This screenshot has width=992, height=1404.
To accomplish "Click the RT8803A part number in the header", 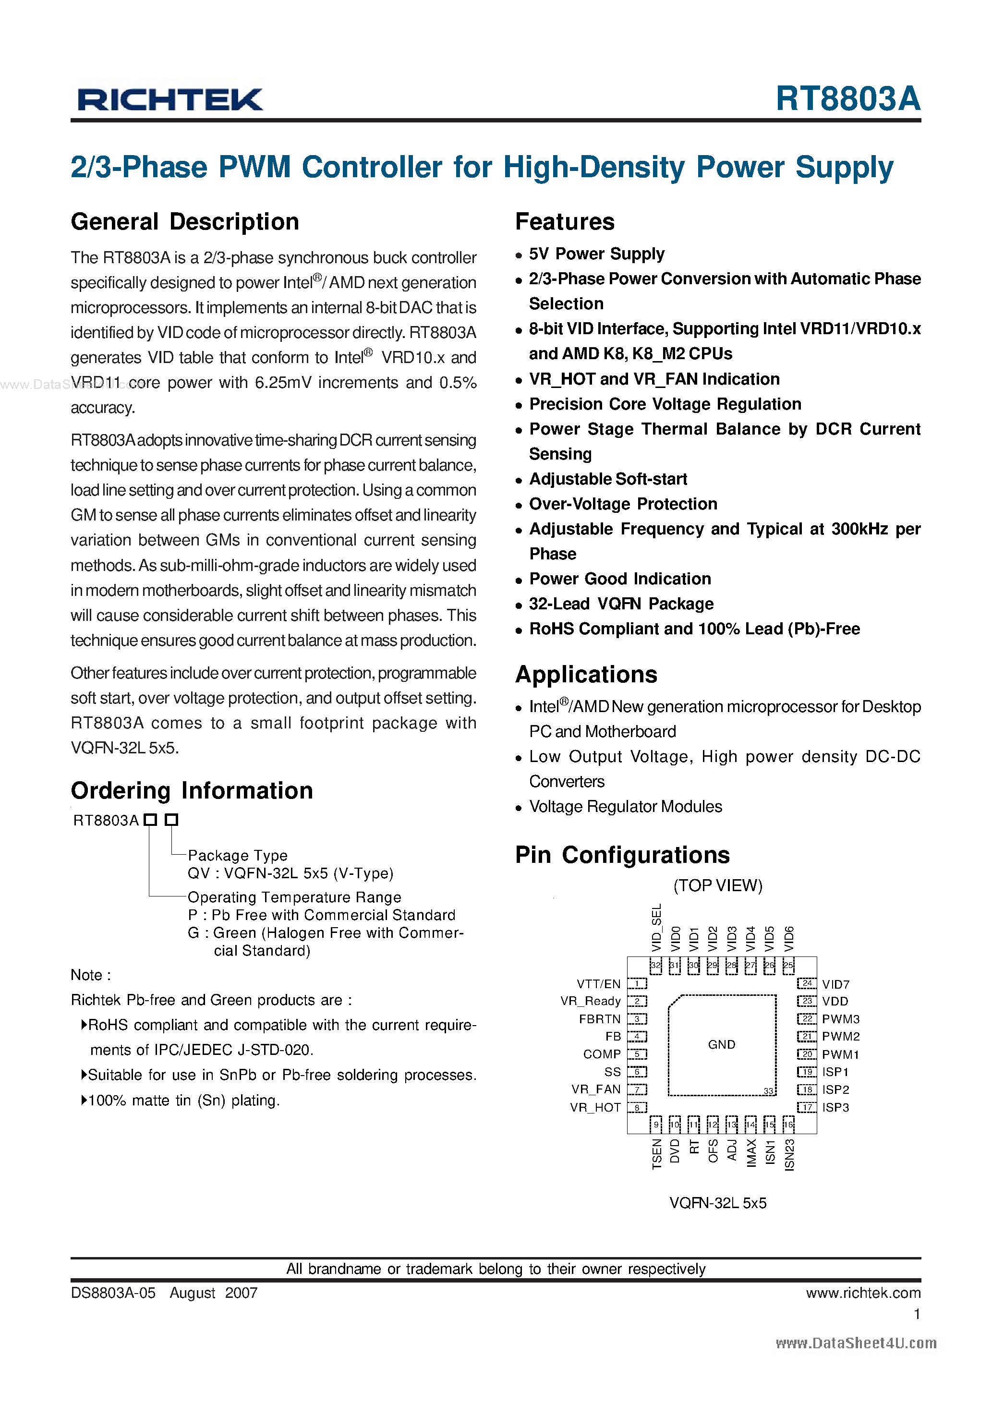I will pyautogui.click(x=847, y=98).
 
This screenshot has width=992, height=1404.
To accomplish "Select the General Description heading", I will pyautogui.click(x=185, y=222).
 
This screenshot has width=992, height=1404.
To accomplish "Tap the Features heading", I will pyautogui.click(x=565, y=222).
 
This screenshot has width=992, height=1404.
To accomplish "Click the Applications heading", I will pyautogui.click(x=586, y=675).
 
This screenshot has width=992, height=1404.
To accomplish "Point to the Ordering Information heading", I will pyautogui.click(x=192, y=791).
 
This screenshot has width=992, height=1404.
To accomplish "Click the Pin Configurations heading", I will pyautogui.click(x=622, y=855).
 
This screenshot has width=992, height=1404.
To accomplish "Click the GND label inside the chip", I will pyautogui.click(x=721, y=1044).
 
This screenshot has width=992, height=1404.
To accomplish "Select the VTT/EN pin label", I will pyautogui.click(x=598, y=984).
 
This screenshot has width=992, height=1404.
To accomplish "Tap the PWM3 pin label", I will pyautogui.click(x=840, y=1019).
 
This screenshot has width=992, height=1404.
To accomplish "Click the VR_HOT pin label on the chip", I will pyautogui.click(x=595, y=1107).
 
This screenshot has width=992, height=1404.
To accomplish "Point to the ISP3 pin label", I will pyautogui.click(x=835, y=1107).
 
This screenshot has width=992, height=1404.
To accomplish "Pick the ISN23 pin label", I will pyautogui.click(x=789, y=1154).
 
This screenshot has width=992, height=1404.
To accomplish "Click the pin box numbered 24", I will pyautogui.click(x=807, y=983).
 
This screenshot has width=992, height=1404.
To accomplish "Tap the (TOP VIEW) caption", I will pyautogui.click(x=717, y=885).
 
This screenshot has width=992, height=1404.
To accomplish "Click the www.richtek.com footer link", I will pyautogui.click(x=862, y=1293).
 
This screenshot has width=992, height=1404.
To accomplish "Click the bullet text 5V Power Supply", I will pyautogui.click(x=596, y=254).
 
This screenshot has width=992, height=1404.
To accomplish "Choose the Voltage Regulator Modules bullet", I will pyautogui.click(x=625, y=807).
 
